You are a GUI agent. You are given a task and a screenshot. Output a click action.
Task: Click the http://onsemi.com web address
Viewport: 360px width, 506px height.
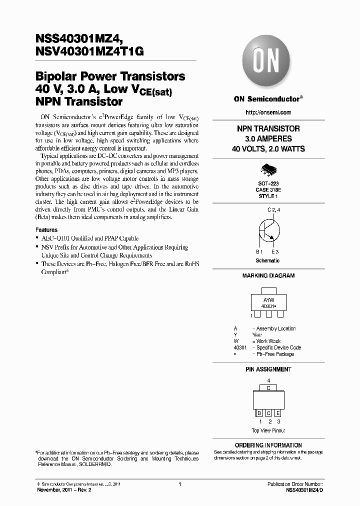tap(268, 112)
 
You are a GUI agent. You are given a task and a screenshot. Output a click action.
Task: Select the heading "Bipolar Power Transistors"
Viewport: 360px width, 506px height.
tap(110, 76)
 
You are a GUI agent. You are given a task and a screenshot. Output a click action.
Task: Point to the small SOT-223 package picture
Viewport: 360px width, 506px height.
tap(268, 170)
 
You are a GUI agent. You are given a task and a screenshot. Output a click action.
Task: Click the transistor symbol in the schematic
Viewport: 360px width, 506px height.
tap(268, 231)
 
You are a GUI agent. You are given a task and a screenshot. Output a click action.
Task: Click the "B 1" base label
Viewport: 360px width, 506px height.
tap(259, 251)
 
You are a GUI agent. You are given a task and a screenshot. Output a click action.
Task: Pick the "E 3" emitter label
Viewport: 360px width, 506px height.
tap(275, 251)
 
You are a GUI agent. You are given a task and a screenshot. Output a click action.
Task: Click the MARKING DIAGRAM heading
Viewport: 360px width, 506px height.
tap(268, 275)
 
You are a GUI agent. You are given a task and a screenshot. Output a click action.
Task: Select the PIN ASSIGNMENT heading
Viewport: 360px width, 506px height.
tap(268, 369)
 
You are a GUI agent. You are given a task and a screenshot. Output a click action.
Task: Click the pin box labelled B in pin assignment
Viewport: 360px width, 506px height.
tap(259, 413)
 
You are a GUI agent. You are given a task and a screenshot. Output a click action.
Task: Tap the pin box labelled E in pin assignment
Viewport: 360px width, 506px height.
tap(277, 413)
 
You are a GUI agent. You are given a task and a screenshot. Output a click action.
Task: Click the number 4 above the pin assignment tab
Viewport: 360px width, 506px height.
tap(268, 380)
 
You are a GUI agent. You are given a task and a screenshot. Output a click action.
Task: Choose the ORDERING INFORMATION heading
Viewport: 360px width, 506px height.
tap(268, 445)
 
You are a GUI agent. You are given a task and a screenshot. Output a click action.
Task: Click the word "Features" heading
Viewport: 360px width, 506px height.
tap(46, 230)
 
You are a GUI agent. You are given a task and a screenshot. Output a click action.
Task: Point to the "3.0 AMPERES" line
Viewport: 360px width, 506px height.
tap(268, 138)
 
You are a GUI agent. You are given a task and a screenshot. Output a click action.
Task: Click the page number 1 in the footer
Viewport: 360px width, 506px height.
tap(179, 484)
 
